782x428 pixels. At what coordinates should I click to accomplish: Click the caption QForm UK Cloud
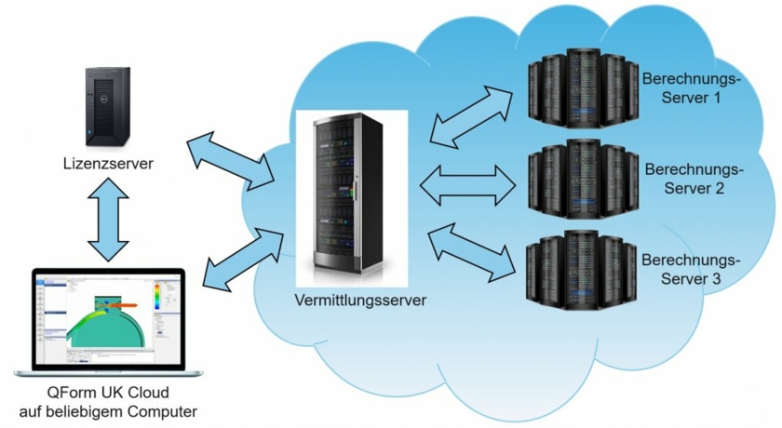tap(107, 392)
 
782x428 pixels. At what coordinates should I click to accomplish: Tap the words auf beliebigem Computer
tap(107, 410)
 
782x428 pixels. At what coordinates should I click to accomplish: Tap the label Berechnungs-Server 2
tap(694, 180)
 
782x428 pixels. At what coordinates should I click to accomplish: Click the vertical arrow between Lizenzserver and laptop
tap(108, 220)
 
